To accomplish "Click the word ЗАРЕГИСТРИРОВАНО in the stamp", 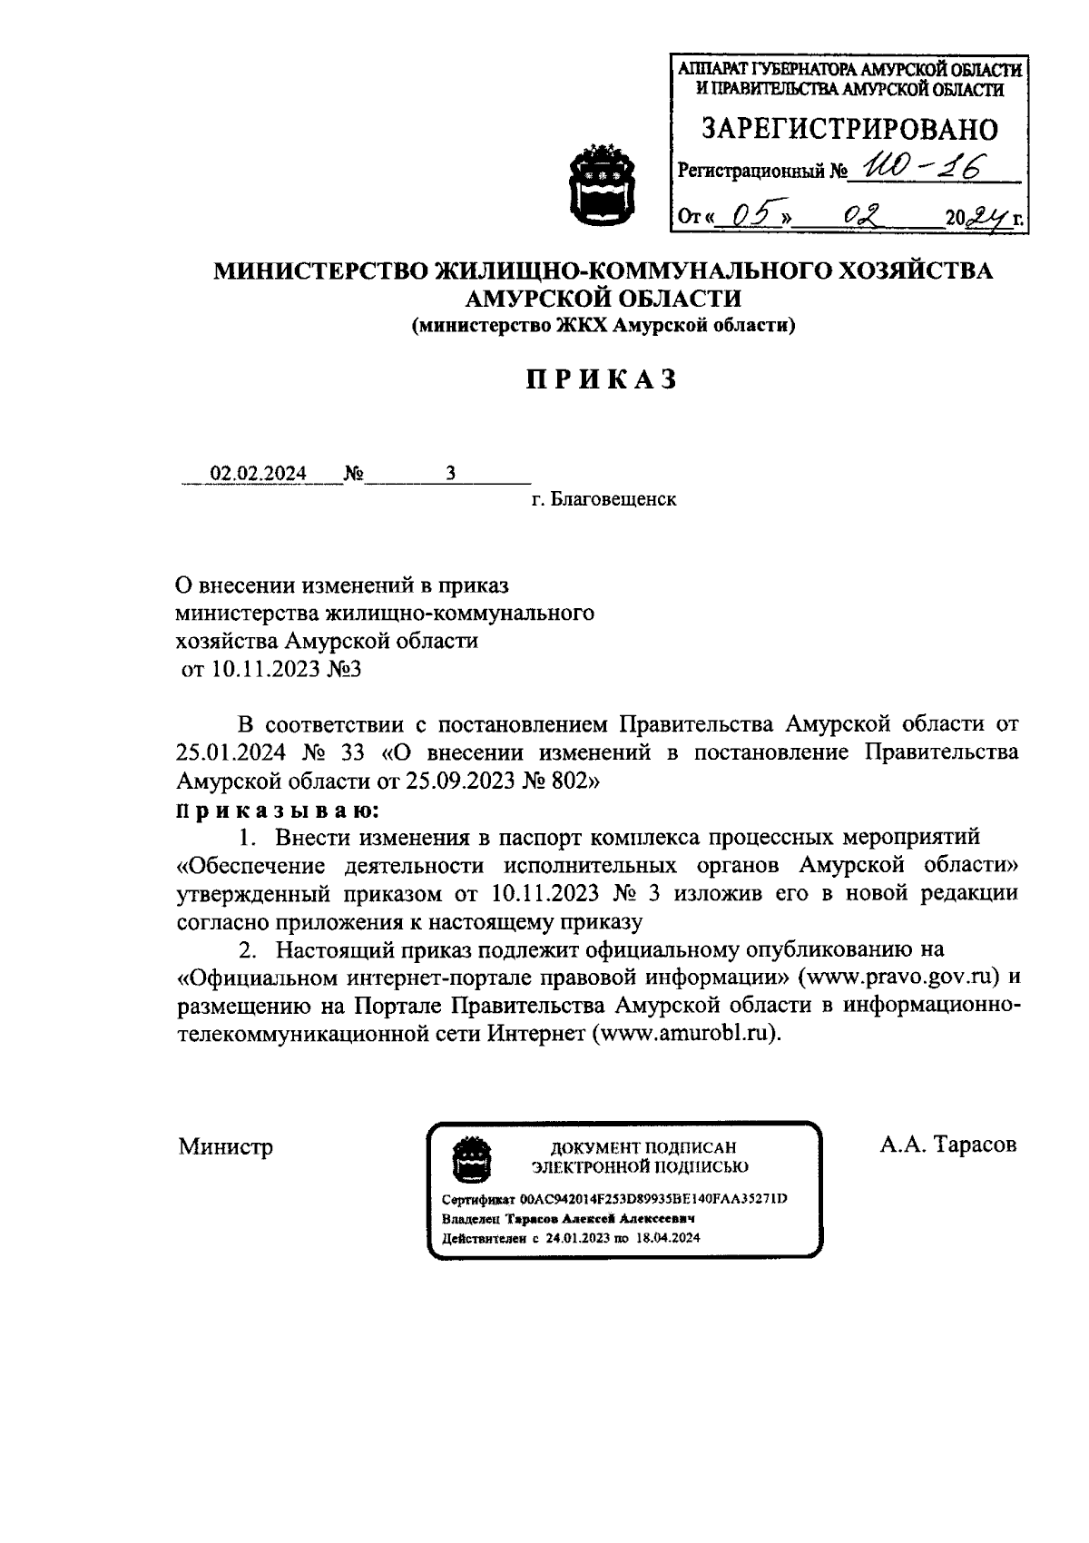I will [849, 129].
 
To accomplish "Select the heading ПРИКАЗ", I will [603, 379].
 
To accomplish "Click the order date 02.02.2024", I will [259, 473].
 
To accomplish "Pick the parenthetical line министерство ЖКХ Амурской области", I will [603, 326].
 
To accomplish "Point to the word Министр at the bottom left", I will [225, 1146].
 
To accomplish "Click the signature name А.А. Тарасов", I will [947, 1144].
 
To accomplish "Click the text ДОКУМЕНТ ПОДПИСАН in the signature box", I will [637, 1147].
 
